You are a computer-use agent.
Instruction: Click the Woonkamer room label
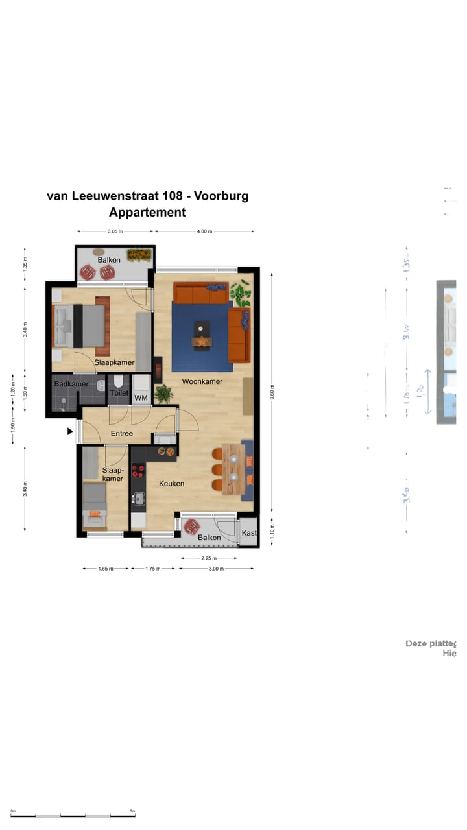(202, 381)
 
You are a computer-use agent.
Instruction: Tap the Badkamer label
(71, 384)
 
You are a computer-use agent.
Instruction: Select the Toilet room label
(119, 393)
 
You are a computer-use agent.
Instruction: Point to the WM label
(141, 397)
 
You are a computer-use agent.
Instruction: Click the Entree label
(122, 433)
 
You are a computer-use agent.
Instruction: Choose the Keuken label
(172, 483)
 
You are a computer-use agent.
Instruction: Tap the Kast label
(249, 533)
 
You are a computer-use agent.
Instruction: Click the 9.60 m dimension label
(273, 393)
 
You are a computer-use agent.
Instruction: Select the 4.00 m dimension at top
(204, 231)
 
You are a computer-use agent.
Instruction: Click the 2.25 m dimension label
(208, 558)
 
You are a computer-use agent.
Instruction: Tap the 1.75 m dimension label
(152, 569)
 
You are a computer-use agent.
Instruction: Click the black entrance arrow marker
(70, 430)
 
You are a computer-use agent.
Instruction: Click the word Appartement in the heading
(147, 212)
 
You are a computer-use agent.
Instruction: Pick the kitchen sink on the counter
(138, 499)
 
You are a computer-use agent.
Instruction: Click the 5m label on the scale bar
(132, 811)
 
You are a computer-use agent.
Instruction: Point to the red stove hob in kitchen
(138, 470)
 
